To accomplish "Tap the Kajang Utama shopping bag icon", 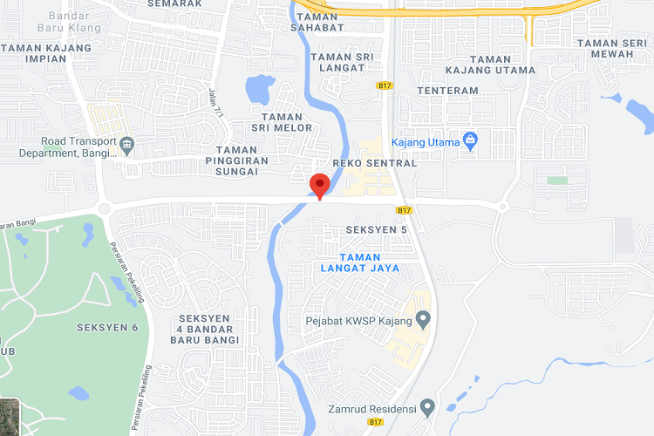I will tap(470, 140).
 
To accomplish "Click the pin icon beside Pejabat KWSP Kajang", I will tap(424, 320).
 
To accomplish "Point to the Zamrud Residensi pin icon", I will tap(427, 406).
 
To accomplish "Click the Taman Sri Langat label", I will tap(341, 62).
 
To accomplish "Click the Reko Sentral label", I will tap(374, 163).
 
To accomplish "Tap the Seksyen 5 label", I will tap(377, 229).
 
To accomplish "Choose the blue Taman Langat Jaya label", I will tap(359, 262).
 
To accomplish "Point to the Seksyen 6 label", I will tap(107, 327).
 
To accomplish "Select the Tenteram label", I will tap(448, 91).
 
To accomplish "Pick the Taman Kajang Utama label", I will tap(490, 65).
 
